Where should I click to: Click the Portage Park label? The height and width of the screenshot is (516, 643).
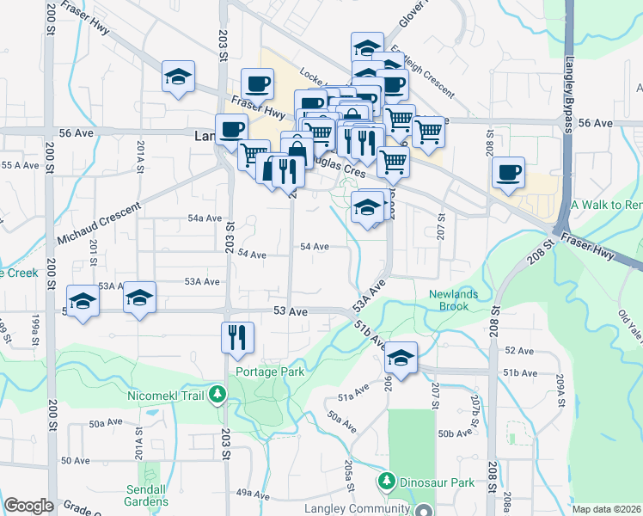(x=268, y=372)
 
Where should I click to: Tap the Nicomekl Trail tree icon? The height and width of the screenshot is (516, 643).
(x=218, y=395)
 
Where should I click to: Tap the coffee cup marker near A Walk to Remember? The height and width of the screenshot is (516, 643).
(x=508, y=171)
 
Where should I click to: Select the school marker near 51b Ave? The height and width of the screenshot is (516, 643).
(x=400, y=356)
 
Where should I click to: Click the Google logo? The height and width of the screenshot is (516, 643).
(x=28, y=506)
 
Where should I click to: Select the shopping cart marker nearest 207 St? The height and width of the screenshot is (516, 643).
(x=428, y=131)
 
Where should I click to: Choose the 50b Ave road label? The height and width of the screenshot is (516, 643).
(x=456, y=433)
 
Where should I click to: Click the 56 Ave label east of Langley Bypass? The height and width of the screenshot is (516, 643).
(x=595, y=123)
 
